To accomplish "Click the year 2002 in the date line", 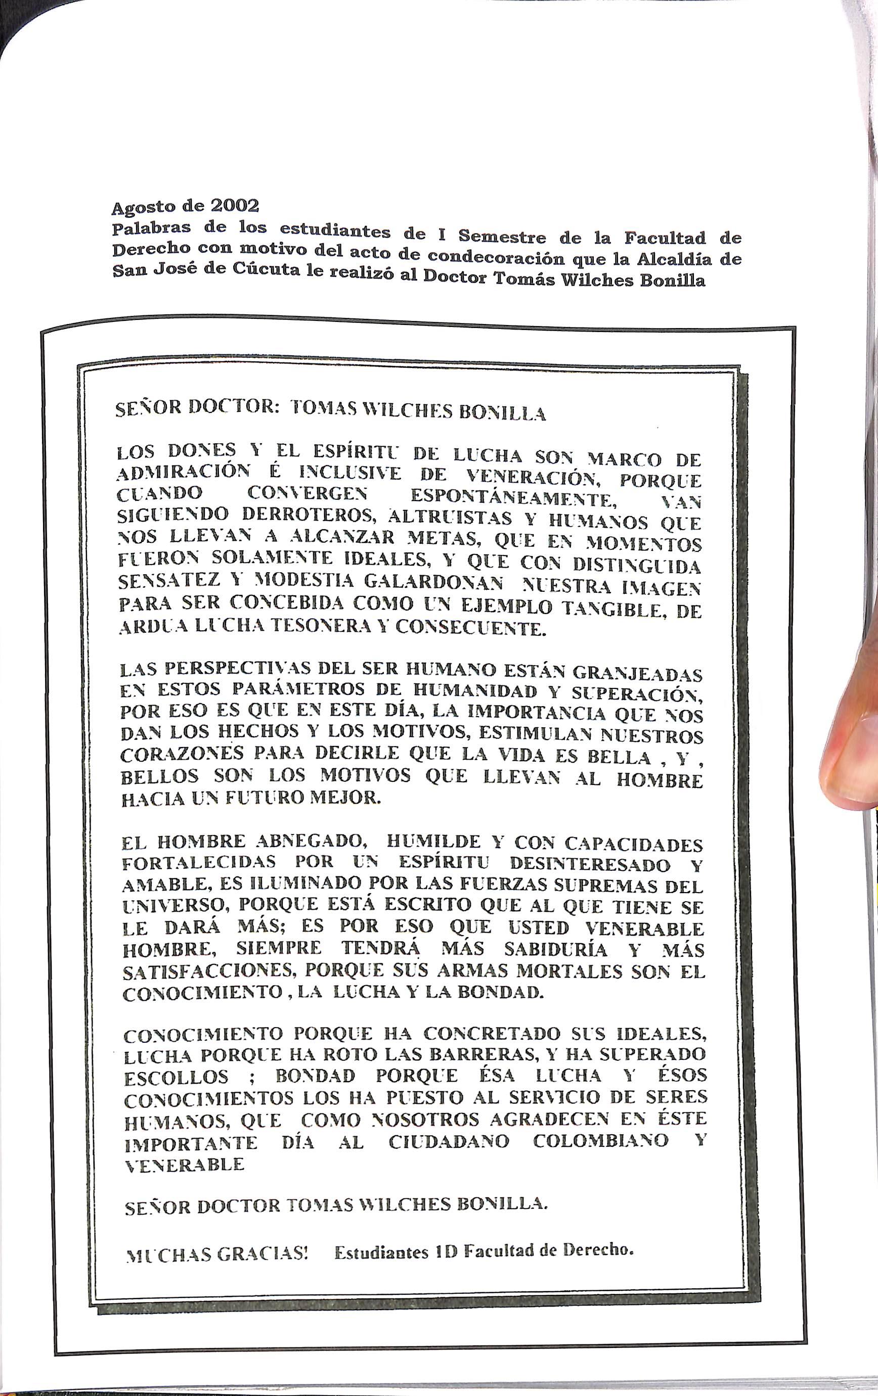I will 227,205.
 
